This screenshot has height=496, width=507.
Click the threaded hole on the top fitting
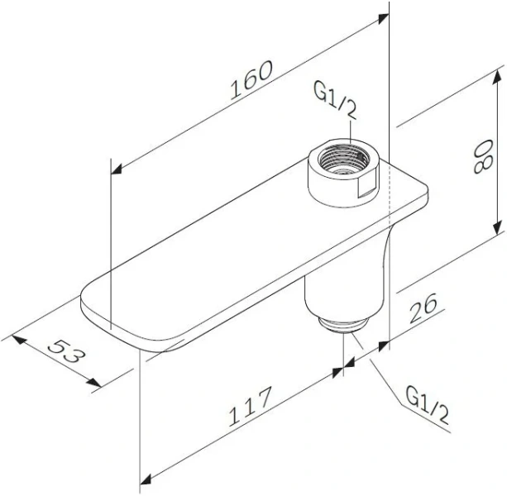coord(341,161)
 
